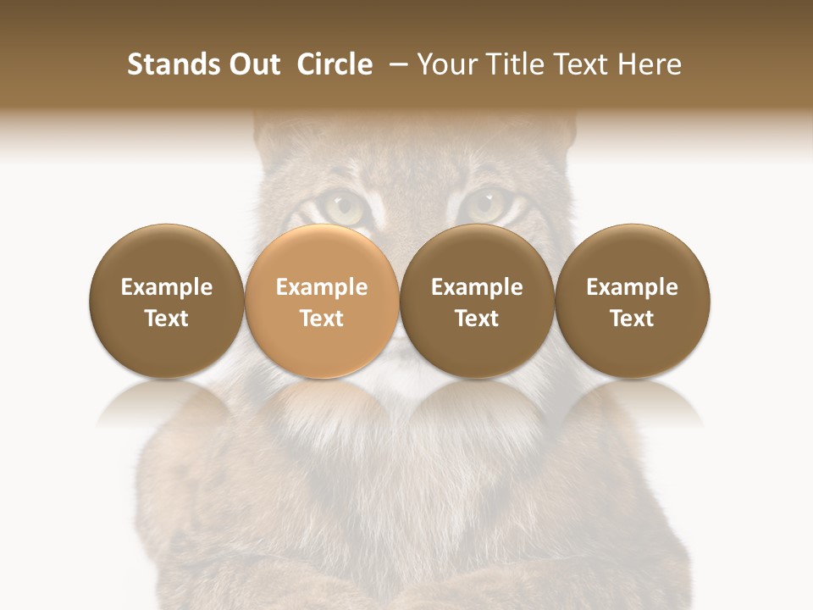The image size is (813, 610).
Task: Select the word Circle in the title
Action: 335,64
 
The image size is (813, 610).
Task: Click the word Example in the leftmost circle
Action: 166,288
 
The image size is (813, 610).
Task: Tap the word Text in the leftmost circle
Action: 166,319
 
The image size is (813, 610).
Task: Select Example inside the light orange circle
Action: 322,288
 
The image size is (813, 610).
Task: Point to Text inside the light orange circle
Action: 322,319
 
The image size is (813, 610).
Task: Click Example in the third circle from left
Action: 477,288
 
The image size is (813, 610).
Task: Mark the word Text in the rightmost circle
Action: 633,319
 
